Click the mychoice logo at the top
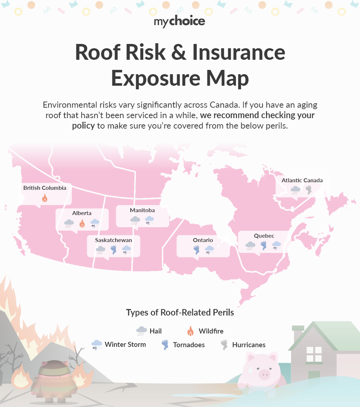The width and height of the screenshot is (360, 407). (180, 22)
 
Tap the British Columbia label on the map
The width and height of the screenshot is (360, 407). (45, 188)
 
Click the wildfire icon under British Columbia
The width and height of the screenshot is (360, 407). (45, 198)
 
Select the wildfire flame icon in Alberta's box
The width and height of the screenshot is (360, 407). (82, 224)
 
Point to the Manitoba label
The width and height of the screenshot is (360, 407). (142, 210)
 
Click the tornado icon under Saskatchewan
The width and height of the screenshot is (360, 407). (113, 250)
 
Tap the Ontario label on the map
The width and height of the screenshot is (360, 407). (203, 240)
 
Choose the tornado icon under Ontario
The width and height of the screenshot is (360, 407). (197, 250)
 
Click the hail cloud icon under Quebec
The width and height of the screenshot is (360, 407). (250, 246)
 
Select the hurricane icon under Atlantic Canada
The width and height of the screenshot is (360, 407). (309, 190)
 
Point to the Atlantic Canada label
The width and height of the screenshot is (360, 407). (302, 180)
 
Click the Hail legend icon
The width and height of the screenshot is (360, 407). (141, 331)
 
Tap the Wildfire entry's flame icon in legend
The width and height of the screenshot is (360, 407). (191, 331)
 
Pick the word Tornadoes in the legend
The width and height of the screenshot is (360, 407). (189, 345)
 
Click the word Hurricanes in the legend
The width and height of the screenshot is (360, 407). (249, 345)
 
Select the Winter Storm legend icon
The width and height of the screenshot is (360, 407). (96, 345)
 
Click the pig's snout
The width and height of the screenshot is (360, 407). (265, 375)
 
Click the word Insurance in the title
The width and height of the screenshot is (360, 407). (239, 53)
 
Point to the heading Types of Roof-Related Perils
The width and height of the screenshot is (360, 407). (180, 313)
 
